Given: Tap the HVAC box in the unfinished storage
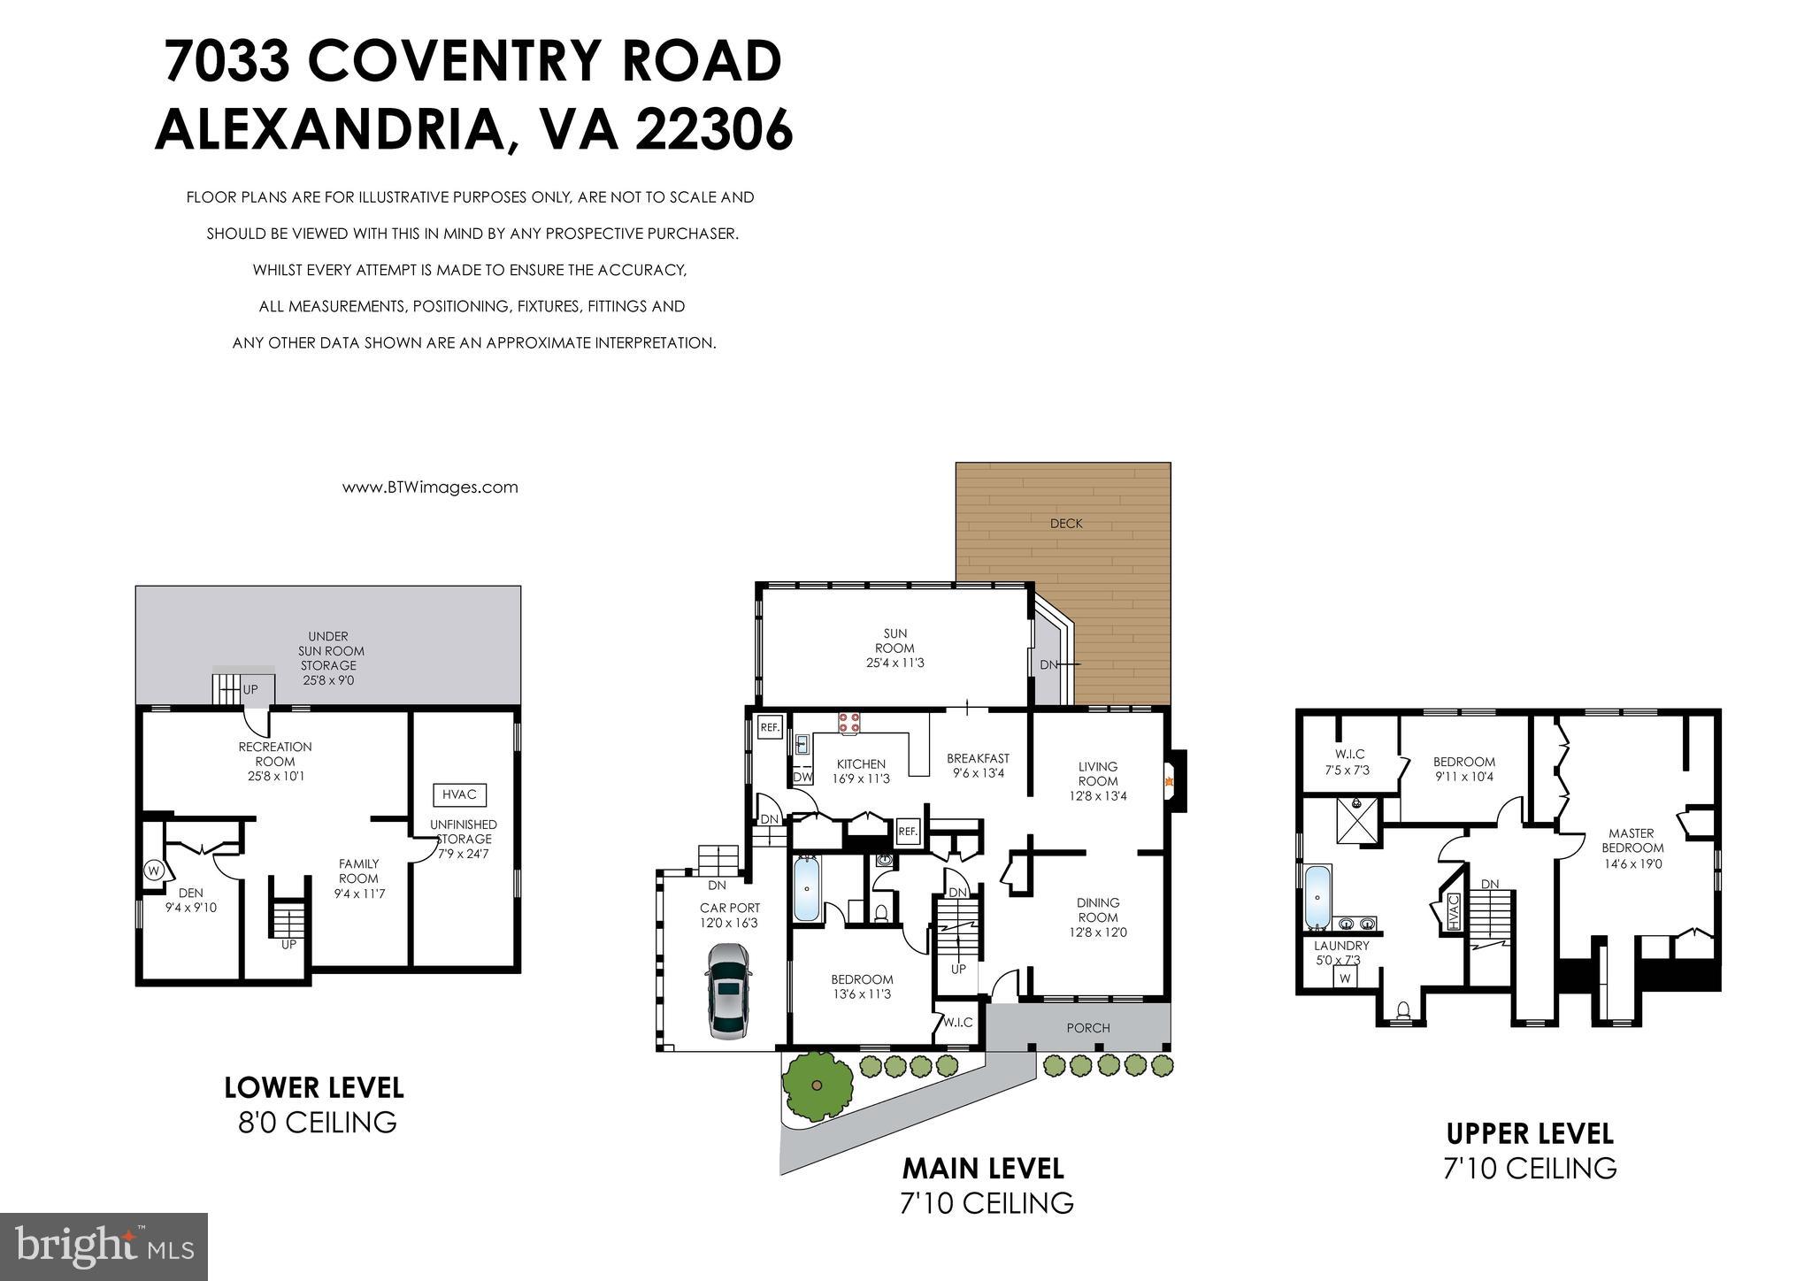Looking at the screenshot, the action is [459, 794].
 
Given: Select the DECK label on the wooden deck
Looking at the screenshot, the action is [1066, 524].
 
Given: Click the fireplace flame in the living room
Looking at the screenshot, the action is [1170, 781].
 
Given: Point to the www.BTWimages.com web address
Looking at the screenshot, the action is [430, 487].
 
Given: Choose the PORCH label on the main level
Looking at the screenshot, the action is [1088, 1028].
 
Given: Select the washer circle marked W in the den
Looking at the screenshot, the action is [153, 870].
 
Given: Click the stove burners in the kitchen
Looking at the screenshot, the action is [849, 722].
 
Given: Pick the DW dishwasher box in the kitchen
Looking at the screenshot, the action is [802, 778].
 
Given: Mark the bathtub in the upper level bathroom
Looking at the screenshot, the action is [1318, 898].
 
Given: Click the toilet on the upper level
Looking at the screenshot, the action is [1402, 1009].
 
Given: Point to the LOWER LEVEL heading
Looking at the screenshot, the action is [314, 1087].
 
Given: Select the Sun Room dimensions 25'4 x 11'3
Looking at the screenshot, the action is [894, 663].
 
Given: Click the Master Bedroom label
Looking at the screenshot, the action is [1632, 840].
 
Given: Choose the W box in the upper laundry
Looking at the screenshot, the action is [1346, 978].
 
